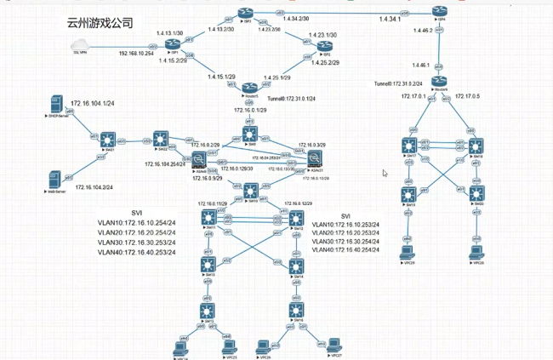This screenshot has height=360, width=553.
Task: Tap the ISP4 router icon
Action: pyautogui.click(x=438, y=13)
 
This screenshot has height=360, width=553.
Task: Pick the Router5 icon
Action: pyautogui.click(x=249, y=86)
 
